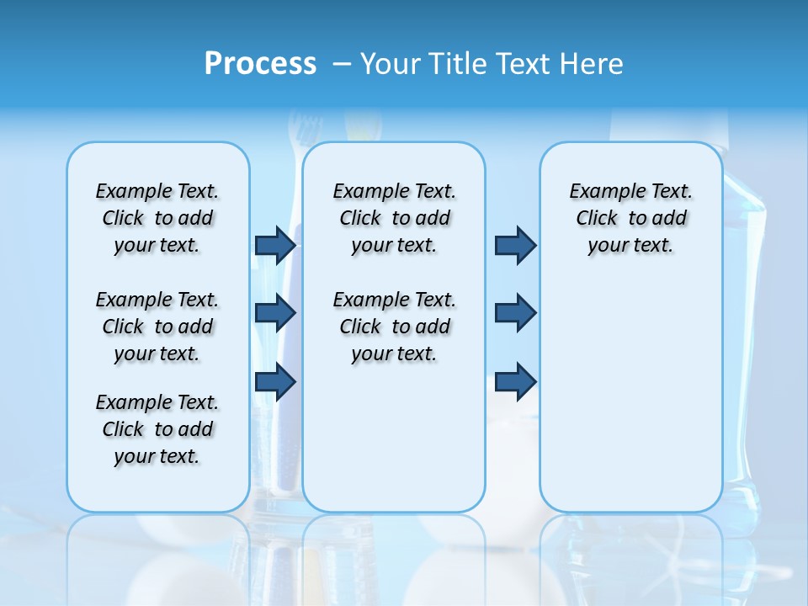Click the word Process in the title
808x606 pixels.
(260, 64)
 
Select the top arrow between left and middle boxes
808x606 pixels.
(275, 245)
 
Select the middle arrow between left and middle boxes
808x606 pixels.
(275, 313)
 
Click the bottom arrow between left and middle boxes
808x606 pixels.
(275, 381)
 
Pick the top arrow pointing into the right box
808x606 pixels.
(515, 245)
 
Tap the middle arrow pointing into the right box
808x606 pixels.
(515, 313)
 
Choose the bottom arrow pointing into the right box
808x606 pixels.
(515, 381)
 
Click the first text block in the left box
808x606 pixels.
(157, 218)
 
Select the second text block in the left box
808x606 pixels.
(157, 327)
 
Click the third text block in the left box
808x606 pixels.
(157, 429)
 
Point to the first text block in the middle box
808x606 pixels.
(394, 218)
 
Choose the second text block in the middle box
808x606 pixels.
(394, 327)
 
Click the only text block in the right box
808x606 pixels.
(630, 218)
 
